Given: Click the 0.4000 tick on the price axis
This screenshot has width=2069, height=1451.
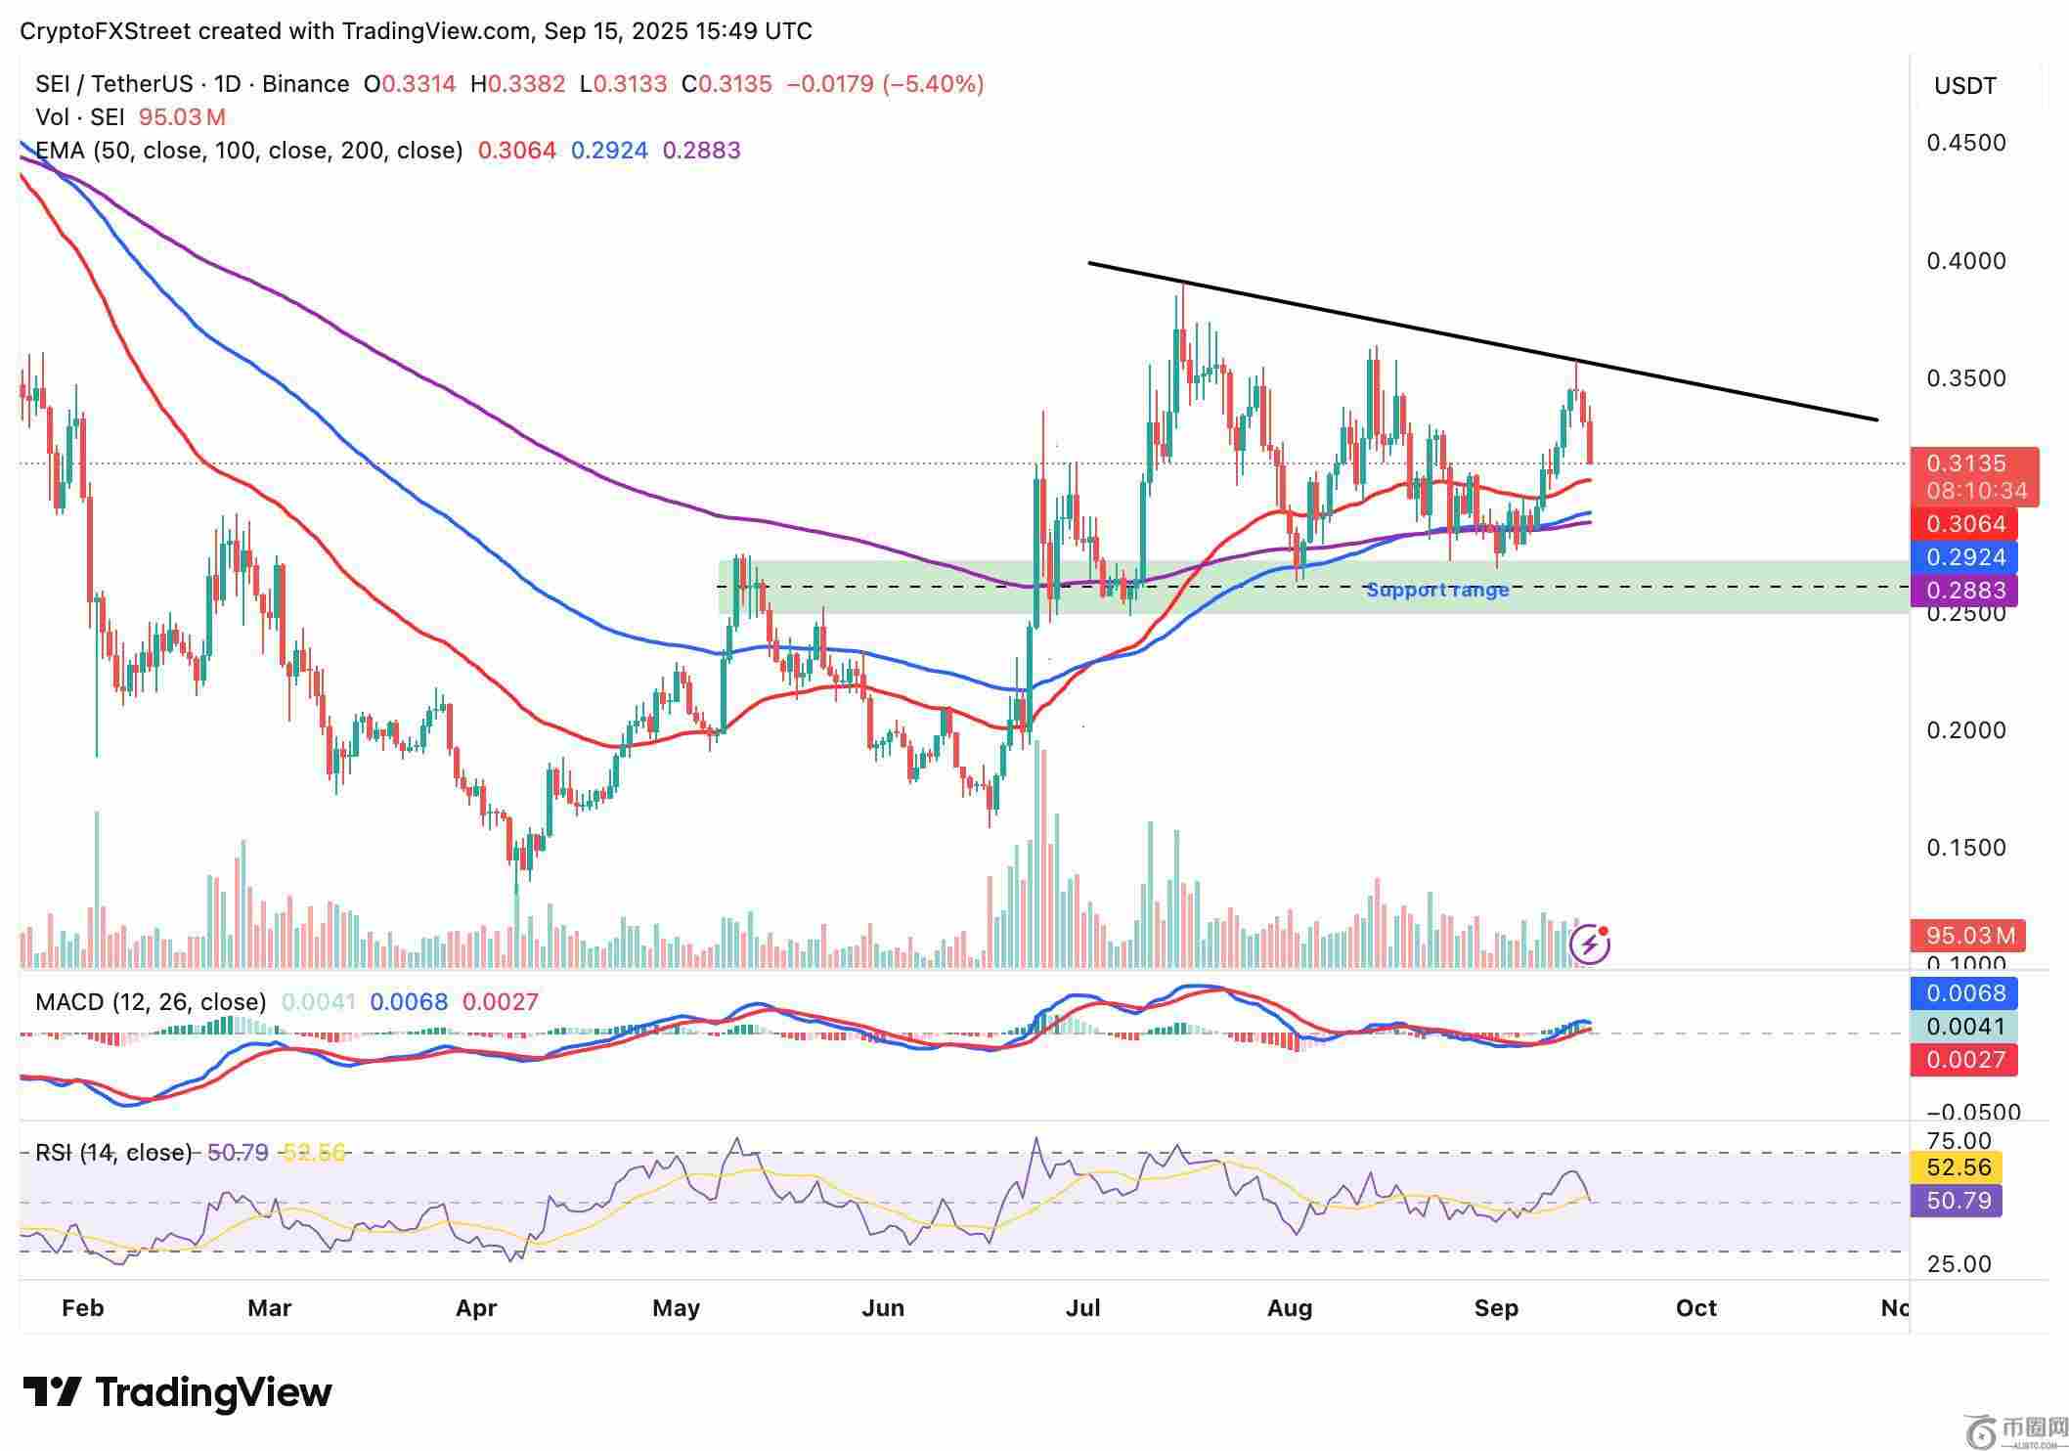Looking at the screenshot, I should tap(1965, 261).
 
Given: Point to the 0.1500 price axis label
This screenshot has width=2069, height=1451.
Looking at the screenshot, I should tap(1965, 848).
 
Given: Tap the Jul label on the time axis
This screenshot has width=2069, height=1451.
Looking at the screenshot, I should tap(1082, 1308).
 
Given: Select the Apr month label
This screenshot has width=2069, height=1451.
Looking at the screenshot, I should tap(476, 1308).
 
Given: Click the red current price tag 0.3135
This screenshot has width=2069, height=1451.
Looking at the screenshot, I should tap(1965, 463).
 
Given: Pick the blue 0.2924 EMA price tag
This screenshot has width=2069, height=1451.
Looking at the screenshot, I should tap(1965, 557).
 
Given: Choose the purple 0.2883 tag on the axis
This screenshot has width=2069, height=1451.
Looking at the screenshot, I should tap(1965, 591).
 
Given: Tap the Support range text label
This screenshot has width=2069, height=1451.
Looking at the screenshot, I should tap(1437, 590).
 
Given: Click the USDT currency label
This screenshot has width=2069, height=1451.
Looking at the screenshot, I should tap(1965, 86).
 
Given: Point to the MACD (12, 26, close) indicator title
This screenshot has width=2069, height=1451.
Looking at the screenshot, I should tap(151, 1002).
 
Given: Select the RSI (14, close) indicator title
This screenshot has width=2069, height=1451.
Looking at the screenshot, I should tap(113, 1153).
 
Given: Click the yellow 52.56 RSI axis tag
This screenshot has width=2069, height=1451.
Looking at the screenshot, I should tap(1958, 1167).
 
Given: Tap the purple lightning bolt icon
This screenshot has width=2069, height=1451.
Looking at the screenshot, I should tap(1589, 945).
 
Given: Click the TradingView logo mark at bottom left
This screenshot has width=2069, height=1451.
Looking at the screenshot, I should tap(51, 1392).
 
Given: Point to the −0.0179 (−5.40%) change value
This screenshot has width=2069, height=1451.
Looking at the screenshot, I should tap(885, 84).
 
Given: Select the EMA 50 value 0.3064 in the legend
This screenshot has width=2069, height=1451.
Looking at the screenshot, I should tap(516, 151).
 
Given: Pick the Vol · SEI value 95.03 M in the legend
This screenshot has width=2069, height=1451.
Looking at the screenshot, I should tap(182, 117).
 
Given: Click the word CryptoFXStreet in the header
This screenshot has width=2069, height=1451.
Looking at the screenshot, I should tap(106, 31).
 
